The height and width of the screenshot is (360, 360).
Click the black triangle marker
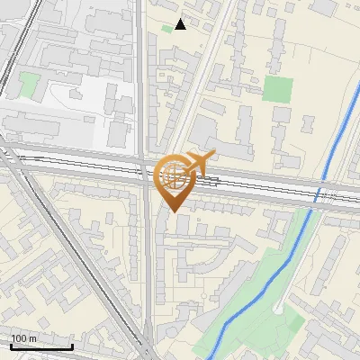[x=181, y=24]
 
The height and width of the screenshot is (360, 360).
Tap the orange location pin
[x=174, y=180]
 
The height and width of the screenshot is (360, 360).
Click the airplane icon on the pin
[x=199, y=162]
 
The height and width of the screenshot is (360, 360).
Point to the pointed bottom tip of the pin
[x=174, y=211]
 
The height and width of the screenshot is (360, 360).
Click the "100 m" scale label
[x=23, y=338]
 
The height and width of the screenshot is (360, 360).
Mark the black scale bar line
[x=40, y=346]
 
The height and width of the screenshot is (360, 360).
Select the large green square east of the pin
[x=278, y=89]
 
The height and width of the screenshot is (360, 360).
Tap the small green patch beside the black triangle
[x=166, y=28]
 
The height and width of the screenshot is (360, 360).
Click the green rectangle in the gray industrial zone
[x=30, y=86]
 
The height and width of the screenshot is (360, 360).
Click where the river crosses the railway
[x=320, y=191]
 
